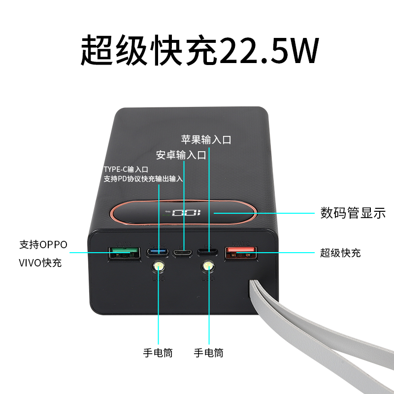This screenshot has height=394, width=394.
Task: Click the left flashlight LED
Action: pos(158,267)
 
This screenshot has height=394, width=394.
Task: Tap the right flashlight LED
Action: pos(208,267)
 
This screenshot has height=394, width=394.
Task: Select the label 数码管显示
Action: pos(353,213)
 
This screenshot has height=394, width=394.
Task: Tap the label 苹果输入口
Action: pos(206,139)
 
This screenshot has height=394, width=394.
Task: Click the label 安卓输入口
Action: pos(181,156)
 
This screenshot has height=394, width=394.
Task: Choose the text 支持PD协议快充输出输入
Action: pos(143,179)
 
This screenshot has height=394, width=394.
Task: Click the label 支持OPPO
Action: pos(43,244)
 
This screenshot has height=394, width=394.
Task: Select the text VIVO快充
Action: pos(40,263)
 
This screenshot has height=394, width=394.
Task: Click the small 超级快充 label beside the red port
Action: pos(340,253)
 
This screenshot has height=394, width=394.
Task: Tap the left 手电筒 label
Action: pos(158,353)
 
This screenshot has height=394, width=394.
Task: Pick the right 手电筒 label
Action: pos(208,353)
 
